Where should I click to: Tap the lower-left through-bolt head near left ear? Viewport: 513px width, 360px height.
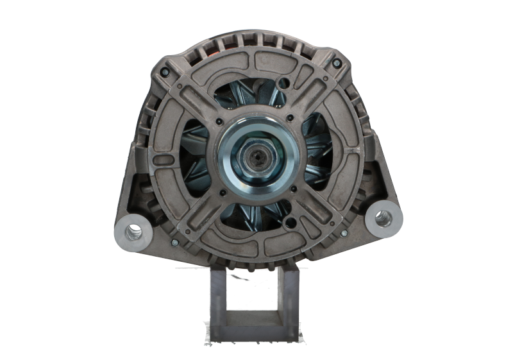(x=173, y=243)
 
